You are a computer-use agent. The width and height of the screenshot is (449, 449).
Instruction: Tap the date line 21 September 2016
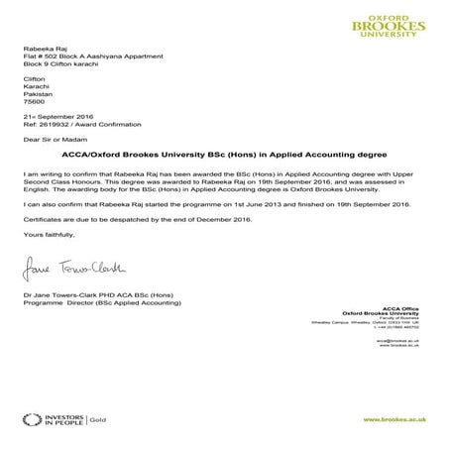(56, 117)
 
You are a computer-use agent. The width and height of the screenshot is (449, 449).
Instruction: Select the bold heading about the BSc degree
(223, 156)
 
